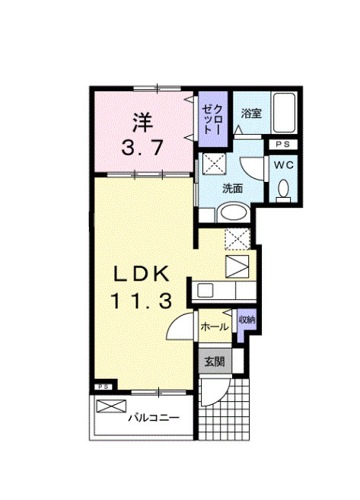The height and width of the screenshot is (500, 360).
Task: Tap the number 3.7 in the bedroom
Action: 142,148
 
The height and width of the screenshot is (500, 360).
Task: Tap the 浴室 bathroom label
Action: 252,113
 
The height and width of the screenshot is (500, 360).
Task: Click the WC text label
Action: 283,165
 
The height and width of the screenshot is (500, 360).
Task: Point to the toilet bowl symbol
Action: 284,189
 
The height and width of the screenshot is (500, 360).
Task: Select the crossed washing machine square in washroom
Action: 212,164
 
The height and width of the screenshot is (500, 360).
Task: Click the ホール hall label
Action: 214,327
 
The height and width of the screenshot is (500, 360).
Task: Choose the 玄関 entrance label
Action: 214,361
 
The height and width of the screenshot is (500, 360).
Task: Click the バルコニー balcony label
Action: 153,418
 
